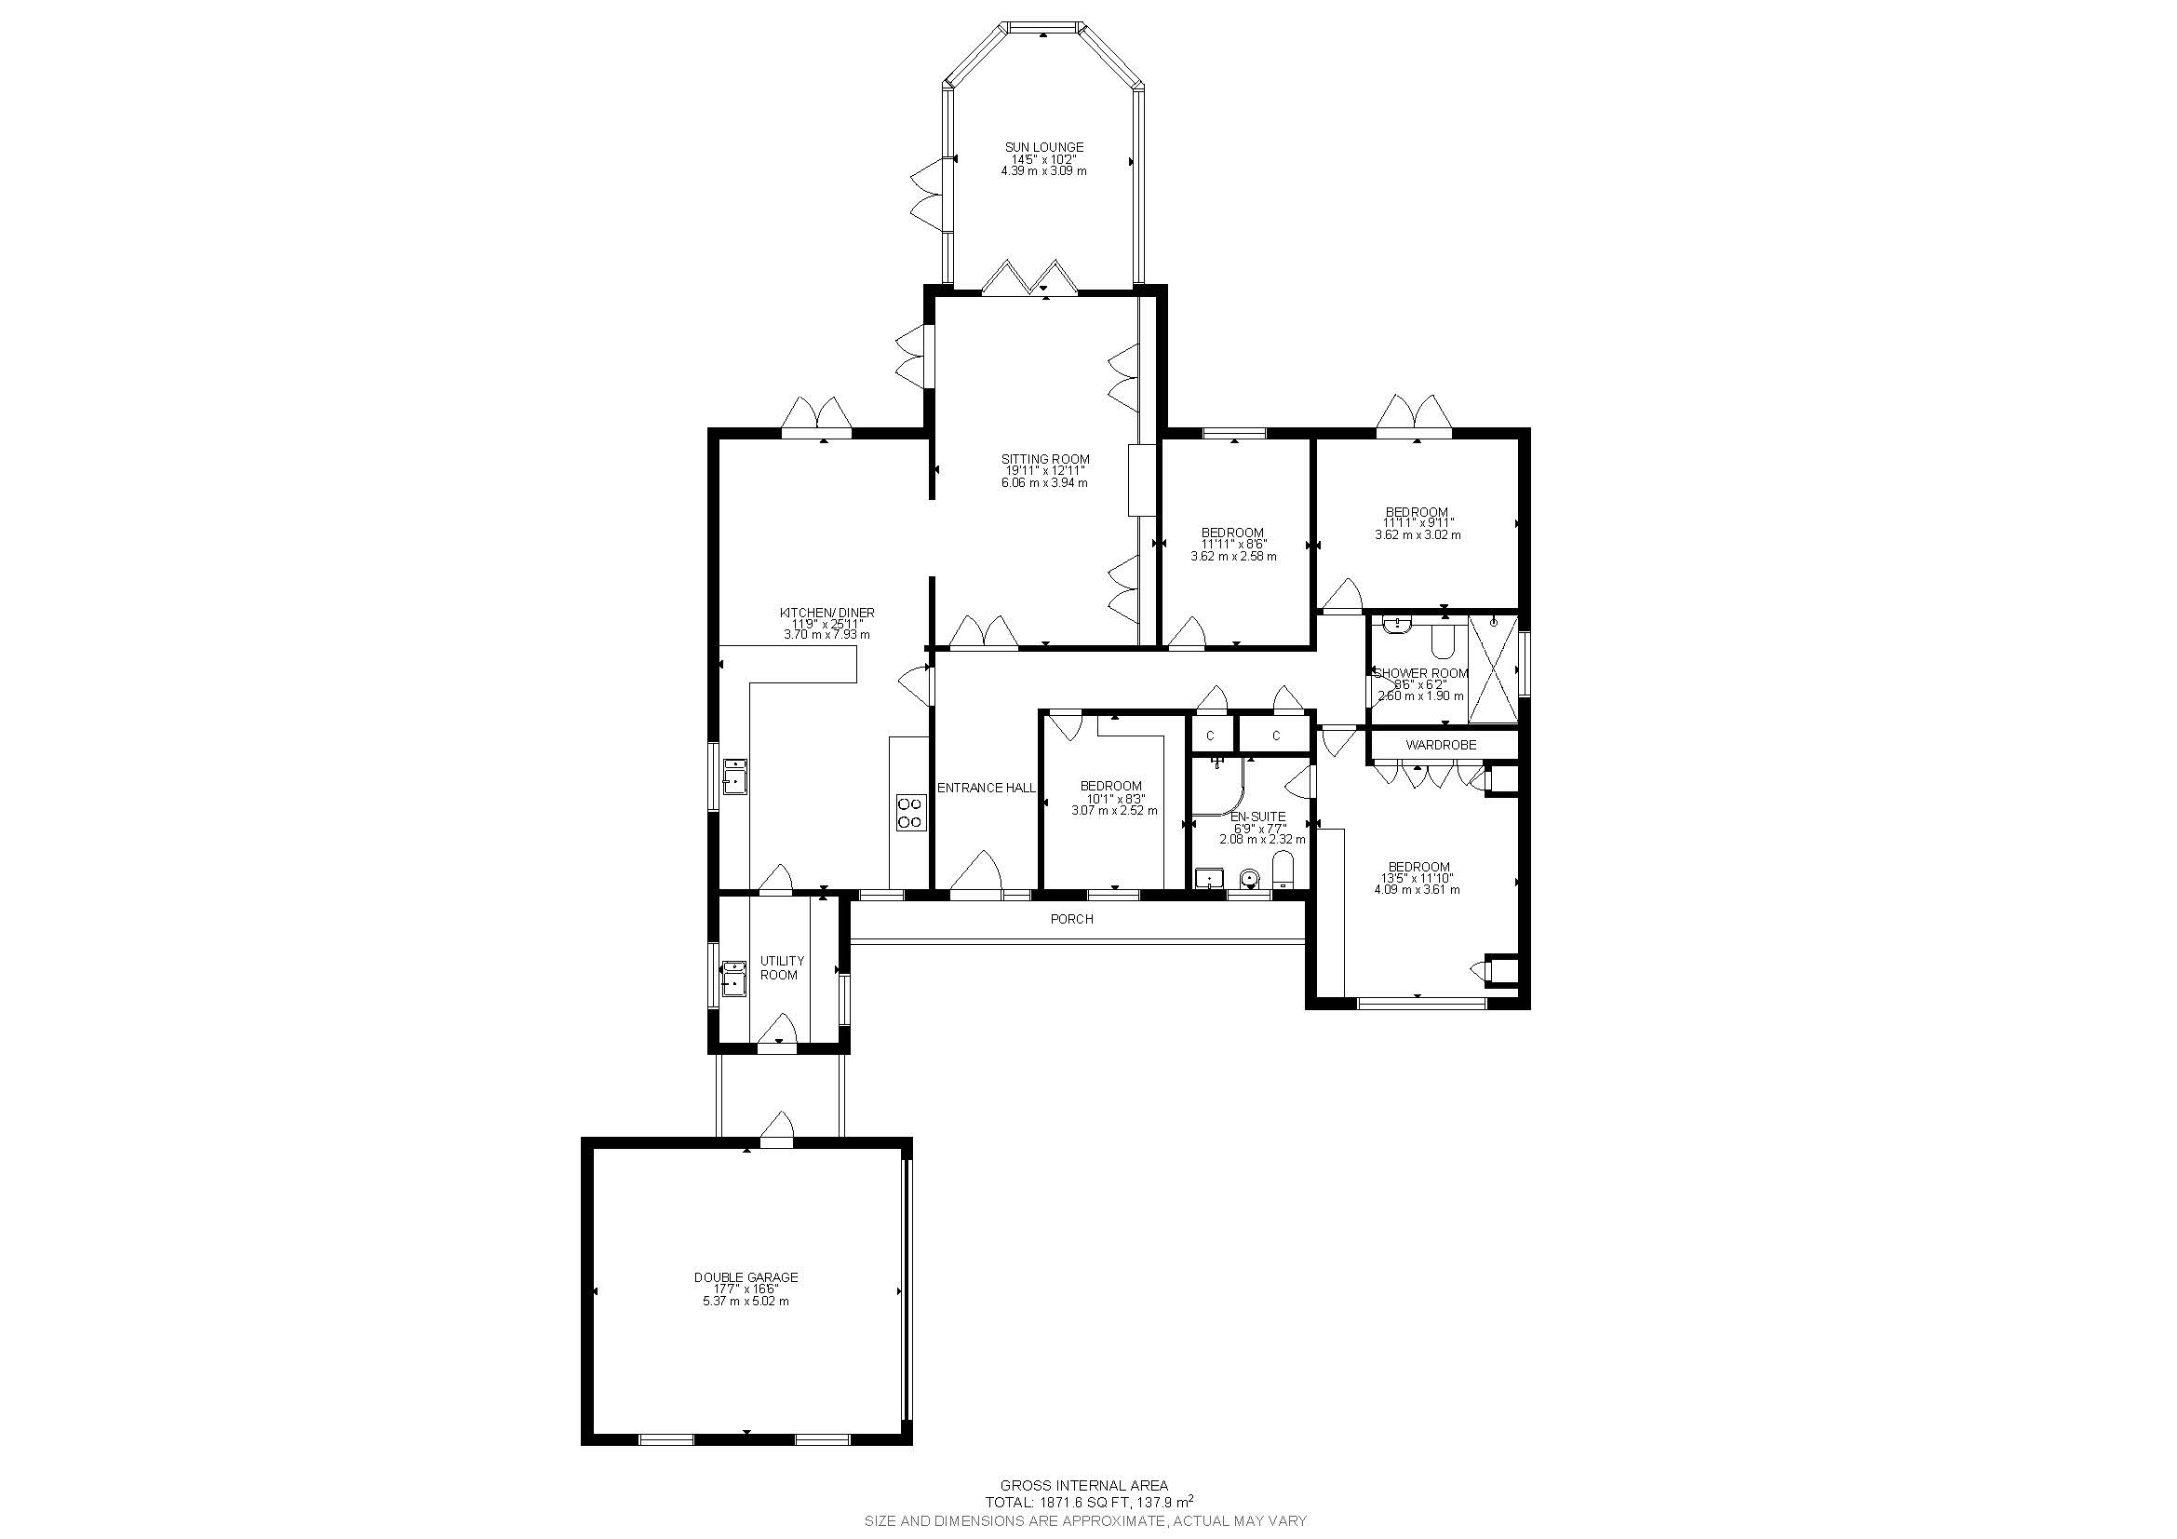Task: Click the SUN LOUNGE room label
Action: click(1044, 148)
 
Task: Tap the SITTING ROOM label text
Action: click(1045, 460)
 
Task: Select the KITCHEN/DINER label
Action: click(826, 614)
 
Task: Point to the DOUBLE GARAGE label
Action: click(746, 1277)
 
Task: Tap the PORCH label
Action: click(1071, 919)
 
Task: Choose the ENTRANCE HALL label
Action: click(986, 788)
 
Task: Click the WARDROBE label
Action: click(1440, 746)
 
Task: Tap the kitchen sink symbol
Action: click(735, 776)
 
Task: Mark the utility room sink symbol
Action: click(735, 979)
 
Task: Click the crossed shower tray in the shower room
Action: click(1492, 669)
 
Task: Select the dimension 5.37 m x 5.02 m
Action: click(746, 1302)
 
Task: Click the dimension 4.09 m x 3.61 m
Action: click(1418, 890)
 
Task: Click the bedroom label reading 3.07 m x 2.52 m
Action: click(1114, 811)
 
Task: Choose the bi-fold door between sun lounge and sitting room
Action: click(1028, 278)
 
